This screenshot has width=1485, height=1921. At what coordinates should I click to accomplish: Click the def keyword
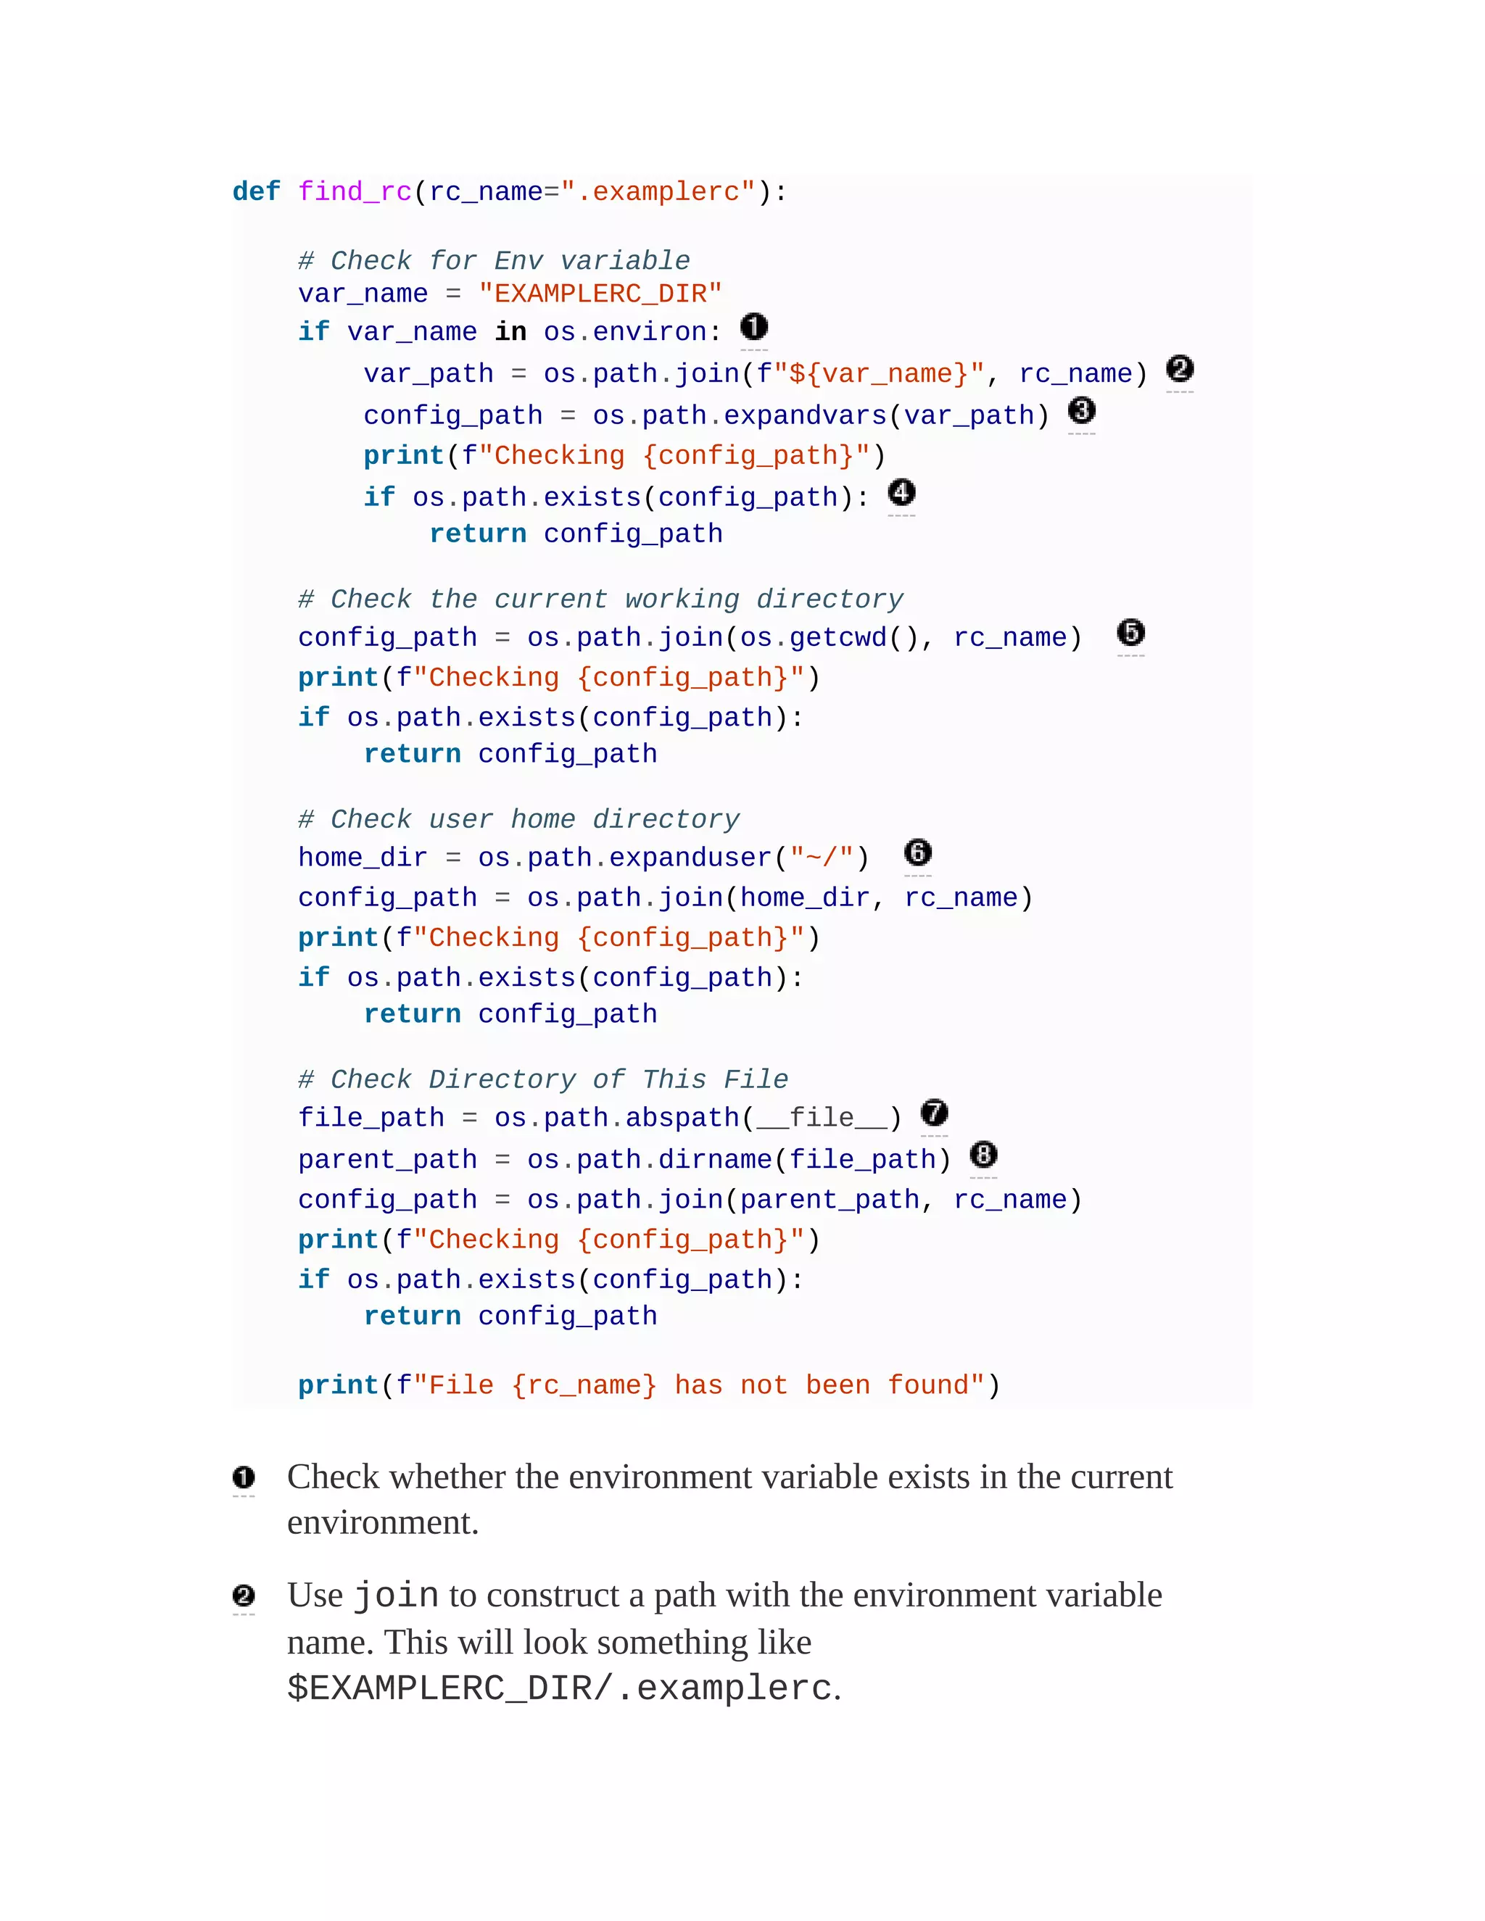point(256,192)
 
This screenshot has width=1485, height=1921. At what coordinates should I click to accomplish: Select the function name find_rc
point(355,192)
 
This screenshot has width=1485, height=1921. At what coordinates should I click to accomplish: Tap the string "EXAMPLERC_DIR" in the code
point(600,294)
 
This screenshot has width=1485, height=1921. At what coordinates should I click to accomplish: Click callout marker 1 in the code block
point(754,327)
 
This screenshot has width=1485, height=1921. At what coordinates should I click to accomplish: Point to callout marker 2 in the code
point(1180,370)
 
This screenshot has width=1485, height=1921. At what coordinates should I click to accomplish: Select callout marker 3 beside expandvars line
point(1081,411)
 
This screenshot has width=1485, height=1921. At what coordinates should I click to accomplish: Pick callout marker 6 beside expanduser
point(917,852)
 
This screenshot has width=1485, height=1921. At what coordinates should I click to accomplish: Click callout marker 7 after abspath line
point(934,1113)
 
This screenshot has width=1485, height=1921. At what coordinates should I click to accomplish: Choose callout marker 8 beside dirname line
point(983,1154)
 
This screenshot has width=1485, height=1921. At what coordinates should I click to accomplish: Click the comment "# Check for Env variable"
point(494,260)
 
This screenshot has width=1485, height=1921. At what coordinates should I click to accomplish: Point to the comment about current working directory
point(600,599)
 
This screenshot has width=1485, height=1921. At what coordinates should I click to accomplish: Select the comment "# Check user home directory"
point(518,819)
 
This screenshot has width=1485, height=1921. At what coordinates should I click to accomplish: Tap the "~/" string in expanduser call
point(822,858)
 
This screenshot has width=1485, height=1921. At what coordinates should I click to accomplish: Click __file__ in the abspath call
point(822,1118)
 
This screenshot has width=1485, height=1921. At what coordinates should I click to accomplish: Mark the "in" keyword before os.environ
point(510,331)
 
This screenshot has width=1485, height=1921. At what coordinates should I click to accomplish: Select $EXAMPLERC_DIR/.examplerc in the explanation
point(560,1688)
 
